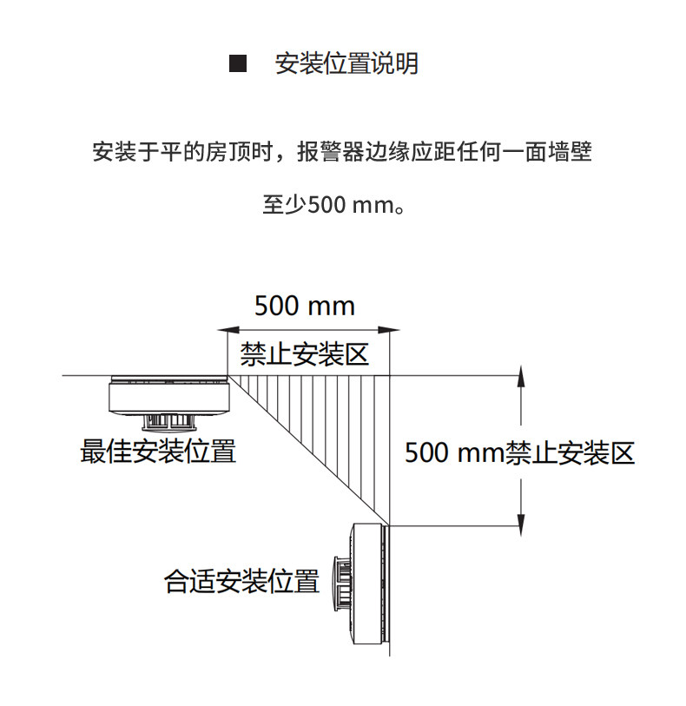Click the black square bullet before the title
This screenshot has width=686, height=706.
234,64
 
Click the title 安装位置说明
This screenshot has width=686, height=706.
346,64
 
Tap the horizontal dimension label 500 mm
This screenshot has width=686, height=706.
304,306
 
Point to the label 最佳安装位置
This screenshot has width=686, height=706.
158,452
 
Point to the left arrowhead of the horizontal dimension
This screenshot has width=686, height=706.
223,330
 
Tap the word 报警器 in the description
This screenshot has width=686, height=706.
326,154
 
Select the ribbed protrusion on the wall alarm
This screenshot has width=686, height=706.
339,582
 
